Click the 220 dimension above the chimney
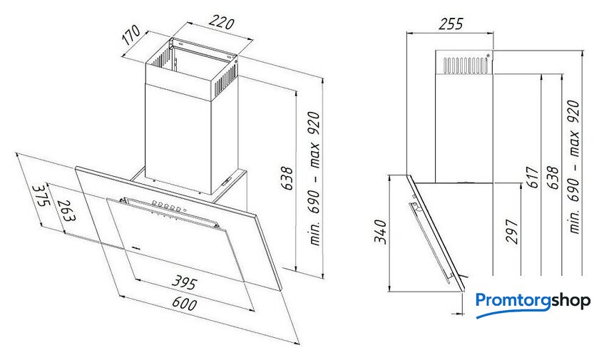pos(221,23)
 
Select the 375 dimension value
pos(41,195)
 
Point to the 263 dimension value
pos(67,211)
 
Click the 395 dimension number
pos(184,282)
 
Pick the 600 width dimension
pos(185,303)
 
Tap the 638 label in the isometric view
pos(287,178)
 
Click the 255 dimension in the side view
pos(451,24)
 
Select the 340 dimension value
pos(381,232)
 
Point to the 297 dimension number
pos(512,231)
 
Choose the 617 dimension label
pos(532,177)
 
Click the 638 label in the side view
pos(553,177)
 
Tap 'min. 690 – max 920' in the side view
pos(574,166)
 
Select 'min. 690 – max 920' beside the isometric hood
pos(314,178)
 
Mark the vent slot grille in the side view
pos(466,65)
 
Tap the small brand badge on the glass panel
pos(136,247)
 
